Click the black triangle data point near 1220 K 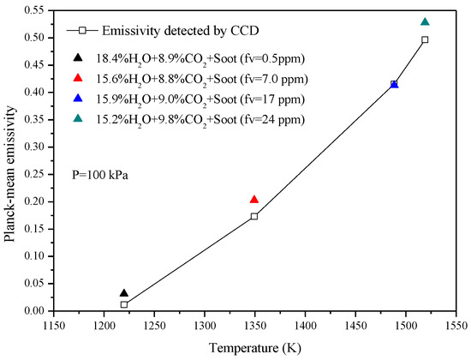click(124, 293)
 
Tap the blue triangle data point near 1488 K click(394, 84)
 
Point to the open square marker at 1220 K click(124, 304)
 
